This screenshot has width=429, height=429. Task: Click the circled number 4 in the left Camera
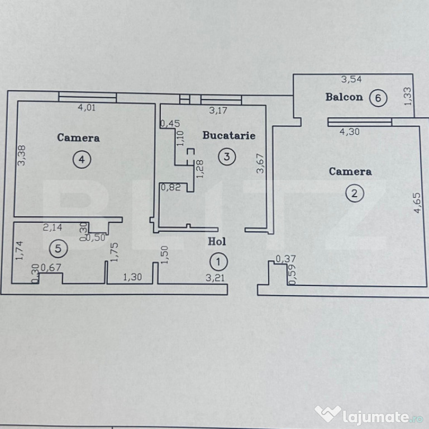82,160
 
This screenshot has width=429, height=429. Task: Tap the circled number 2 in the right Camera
354,194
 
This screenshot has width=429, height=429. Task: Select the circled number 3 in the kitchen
226,157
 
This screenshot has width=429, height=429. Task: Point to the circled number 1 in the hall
218,261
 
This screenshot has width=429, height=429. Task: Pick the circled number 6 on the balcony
379,98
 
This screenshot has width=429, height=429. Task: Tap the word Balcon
344,97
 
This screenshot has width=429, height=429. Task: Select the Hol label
217,242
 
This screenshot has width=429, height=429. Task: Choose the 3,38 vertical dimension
21,155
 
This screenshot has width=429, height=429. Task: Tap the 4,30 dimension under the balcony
350,132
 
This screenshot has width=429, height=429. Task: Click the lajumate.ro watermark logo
369,413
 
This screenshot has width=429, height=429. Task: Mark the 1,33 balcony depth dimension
408,96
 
